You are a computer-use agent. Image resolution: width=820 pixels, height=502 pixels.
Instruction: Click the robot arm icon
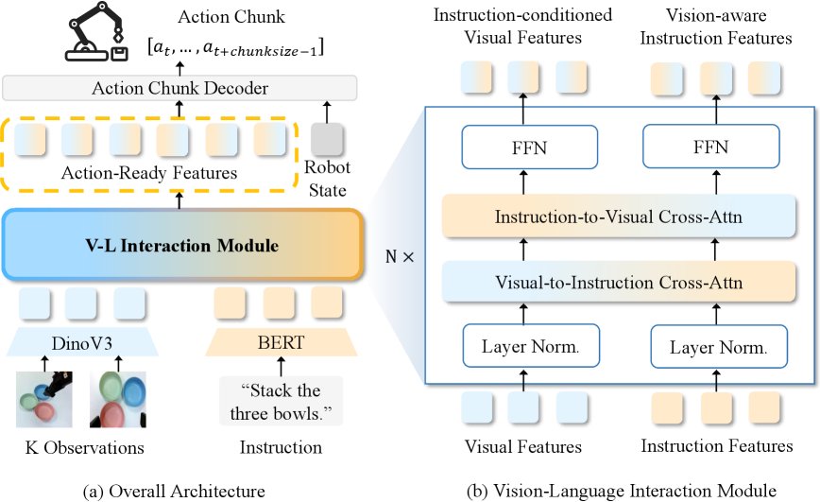(x=96, y=31)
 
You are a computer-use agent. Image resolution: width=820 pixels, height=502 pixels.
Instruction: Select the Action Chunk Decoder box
(x=179, y=88)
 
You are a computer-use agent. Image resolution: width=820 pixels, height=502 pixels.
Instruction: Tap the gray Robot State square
(x=328, y=139)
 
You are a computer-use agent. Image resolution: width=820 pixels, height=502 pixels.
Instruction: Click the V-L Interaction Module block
(x=182, y=245)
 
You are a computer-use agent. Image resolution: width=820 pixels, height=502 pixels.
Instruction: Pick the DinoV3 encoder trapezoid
(x=82, y=342)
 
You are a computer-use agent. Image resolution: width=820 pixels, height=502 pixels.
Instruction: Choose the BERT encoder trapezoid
(x=282, y=342)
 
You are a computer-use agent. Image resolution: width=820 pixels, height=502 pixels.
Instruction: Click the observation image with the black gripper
(x=44, y=399)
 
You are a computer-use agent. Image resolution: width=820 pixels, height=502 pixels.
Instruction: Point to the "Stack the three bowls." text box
(x=281, y=402)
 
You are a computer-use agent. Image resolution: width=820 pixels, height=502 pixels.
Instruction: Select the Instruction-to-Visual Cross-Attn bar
(x=619, y=216)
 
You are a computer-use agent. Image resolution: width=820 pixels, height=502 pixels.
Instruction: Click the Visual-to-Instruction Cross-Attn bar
(x=619, y=282)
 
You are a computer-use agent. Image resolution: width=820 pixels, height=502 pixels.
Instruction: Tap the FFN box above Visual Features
(x=530, y=147)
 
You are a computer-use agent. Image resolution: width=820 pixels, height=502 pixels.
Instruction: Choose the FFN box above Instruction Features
(x=711, y=147)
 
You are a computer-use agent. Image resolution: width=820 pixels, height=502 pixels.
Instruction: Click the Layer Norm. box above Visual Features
(x=531, y=346)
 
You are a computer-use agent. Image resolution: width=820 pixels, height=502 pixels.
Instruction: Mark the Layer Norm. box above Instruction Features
(x=719, y=347)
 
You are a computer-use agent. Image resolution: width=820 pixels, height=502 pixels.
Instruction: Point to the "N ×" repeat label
(x=400, y=257)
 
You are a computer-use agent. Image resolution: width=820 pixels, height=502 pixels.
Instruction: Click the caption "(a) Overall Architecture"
(x=174, y=491)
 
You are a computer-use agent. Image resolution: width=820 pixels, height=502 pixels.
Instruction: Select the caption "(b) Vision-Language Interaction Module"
(x=622, y=491)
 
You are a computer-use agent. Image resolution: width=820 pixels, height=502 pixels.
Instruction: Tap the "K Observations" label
(x=85, y=447)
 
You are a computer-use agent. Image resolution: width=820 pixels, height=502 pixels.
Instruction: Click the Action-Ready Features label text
(x=149, y=173)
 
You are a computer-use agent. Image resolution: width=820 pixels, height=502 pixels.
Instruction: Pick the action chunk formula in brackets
(x=236, y=48)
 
